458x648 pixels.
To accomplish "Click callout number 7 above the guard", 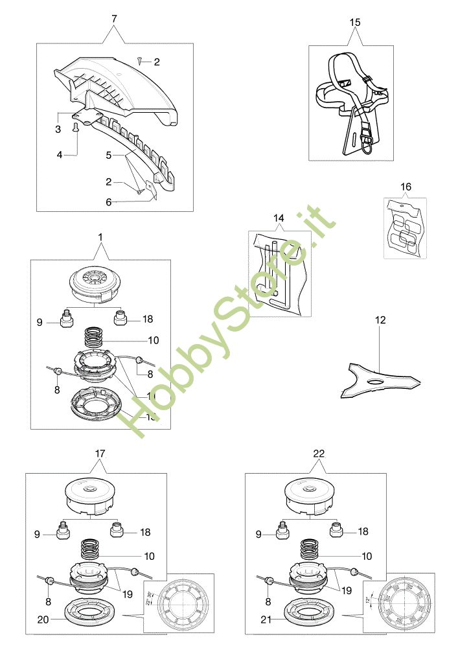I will point(115,18).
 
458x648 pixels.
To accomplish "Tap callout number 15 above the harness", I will point(355,23).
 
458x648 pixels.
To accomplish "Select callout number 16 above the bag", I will point(406,187).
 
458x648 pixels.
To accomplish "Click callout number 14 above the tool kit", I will point(279,219).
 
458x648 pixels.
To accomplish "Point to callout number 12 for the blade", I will point(380,319).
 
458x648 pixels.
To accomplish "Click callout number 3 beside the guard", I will point(58,130).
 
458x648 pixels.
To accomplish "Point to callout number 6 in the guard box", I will point(109,202).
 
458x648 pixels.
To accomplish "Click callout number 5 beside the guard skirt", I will point(109,155).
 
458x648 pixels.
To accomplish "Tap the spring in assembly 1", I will point(96,339).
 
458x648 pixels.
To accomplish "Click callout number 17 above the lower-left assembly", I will point(100,454).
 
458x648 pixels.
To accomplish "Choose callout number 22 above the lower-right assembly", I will point(319,454).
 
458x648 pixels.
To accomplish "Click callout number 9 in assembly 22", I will point(259,534).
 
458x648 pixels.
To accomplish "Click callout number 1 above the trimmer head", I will point(100,238).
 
